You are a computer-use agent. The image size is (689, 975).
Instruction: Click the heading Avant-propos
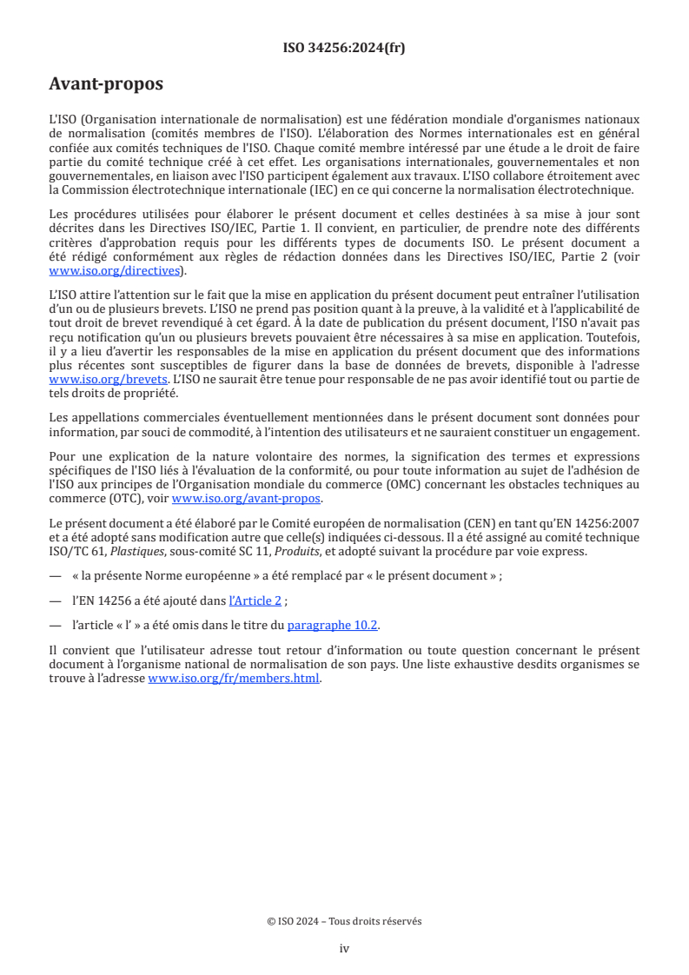tap(106, 84)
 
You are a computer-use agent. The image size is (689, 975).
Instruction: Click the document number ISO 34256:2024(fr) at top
tap(344, 48)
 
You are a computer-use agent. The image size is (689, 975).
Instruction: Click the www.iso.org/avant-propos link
tap(247, 499)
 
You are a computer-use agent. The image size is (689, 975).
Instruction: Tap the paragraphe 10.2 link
tap(333, 625)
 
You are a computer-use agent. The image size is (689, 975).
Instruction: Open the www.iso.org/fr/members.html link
tap(234, 680)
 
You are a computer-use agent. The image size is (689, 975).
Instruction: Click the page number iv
tap(344, 948)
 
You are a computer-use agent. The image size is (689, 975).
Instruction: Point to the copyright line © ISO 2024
tap(344, 921)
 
